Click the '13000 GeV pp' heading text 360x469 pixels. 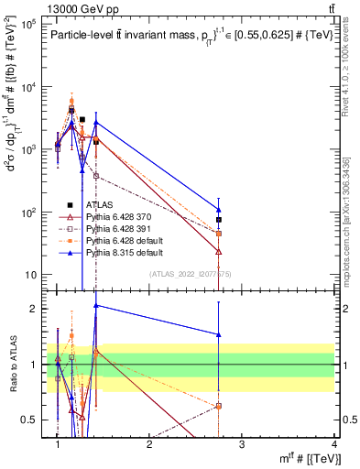pyautogui.click(x=48, y=7)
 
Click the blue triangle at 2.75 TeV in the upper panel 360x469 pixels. pyautogui.click(x=219, y=210)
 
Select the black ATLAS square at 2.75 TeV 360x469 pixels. pyautogui.click(x=219, y=220)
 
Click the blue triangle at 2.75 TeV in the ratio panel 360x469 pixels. pyautogui.click(x=219, y=334)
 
